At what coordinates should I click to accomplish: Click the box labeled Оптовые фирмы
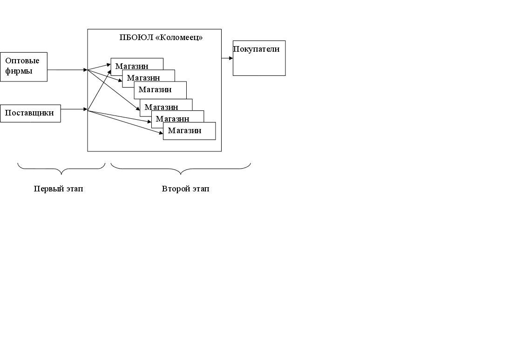[x=23, y=67]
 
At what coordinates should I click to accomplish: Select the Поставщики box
[x=30, y=113]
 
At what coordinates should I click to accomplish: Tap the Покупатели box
[x=259, y=58]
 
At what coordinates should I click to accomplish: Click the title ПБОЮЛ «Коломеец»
[x=161, y=37]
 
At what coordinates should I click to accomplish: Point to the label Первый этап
[x=59, y=189]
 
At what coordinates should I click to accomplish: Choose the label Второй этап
[x=185, y=189]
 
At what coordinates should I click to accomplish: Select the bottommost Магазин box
[x=189, y=131]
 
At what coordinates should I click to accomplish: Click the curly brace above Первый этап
[x=61, y=168]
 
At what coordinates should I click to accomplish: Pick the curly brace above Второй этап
[x=181, y=168]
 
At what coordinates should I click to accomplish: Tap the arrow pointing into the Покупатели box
[x=227, y=58]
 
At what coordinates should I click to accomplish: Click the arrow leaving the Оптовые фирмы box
[x=67, y=70]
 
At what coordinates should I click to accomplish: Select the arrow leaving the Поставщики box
[x=74, y=109]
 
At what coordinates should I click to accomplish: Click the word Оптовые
[x=22, y=61]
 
